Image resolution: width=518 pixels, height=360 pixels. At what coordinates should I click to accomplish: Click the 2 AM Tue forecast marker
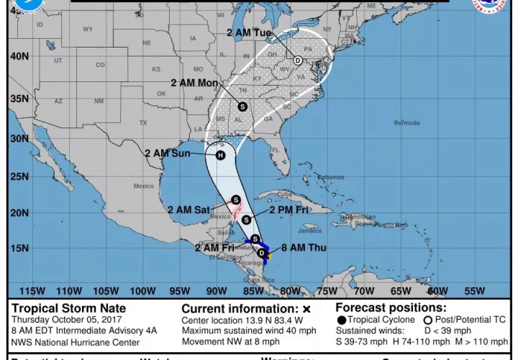click(297, 60)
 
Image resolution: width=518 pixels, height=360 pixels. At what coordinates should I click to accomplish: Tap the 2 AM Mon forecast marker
click(242, 107)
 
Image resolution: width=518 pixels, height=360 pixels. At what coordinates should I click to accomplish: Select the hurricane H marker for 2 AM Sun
click(221, 154)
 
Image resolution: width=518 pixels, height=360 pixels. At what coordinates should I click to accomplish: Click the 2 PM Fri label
click(288, 210)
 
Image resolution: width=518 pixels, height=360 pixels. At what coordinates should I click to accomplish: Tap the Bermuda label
click(406, 123)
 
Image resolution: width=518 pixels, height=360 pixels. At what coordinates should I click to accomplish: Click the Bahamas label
click(331, 177)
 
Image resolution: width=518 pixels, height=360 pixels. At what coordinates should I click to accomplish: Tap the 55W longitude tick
click(474, 291)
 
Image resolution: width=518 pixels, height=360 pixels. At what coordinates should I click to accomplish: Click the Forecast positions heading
click(391, 308)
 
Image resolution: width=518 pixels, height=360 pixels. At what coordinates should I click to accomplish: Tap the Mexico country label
click(143, 186)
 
